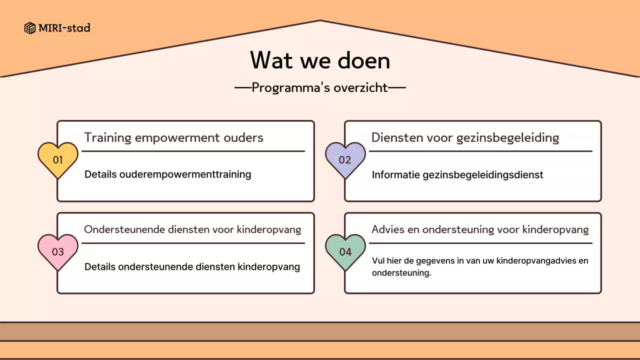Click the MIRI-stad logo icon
click(x=30, y=28)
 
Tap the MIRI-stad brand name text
click(x=64, y=28)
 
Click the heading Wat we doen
click(x=320, y=60)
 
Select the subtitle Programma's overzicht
click(x=320, y=87)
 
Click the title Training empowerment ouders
click(x=173, y=137)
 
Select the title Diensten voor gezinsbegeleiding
click(x=465, y=137)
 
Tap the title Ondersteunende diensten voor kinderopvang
click(x=192, y=229)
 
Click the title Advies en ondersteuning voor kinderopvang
click(x=480, y=229)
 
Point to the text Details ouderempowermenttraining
click(x=167, y=174)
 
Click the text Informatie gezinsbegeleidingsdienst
click(x=457, y=175)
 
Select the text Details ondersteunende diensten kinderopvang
click(x=192, y=267)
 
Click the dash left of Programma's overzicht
click(x=242, y=88)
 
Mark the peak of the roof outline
click(x=320, y=20)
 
